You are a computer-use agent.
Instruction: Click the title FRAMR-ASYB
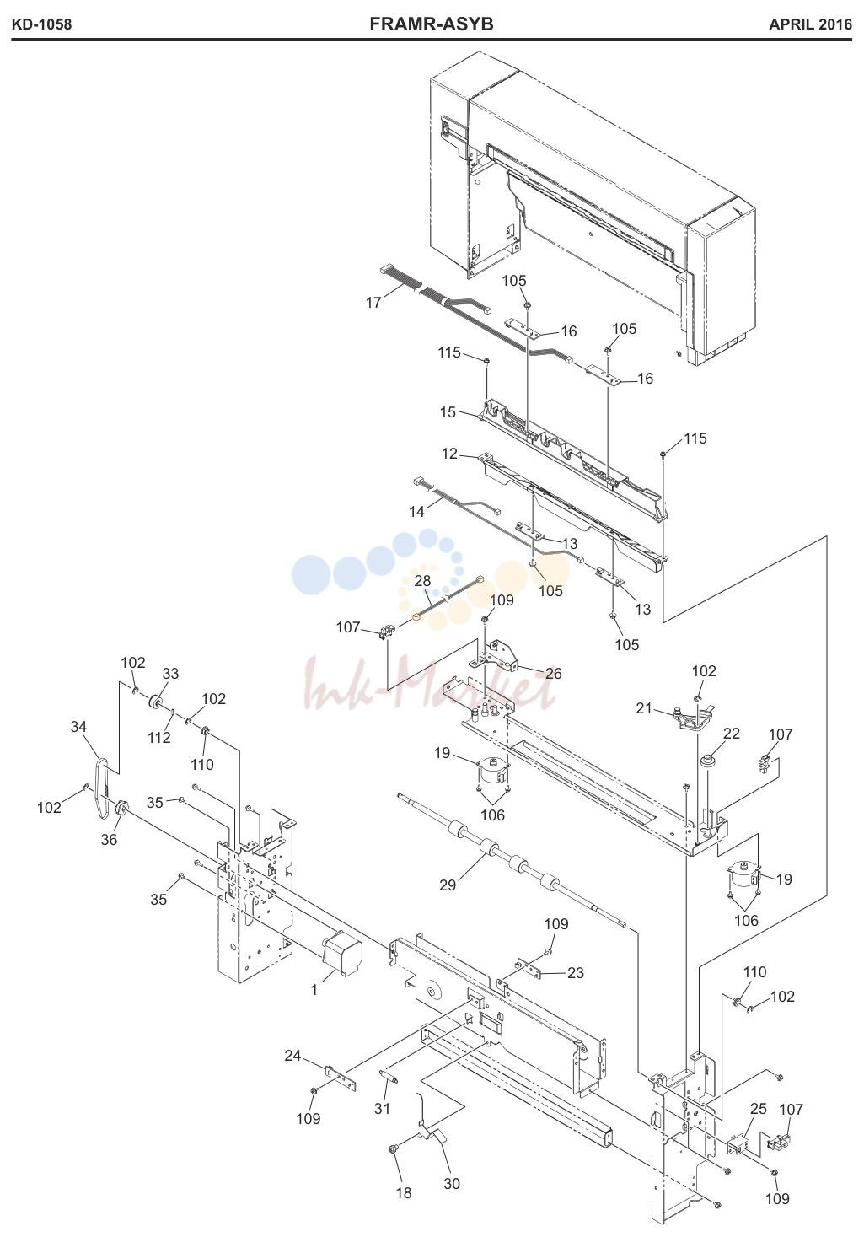click(432, 24)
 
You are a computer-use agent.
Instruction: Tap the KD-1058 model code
click(42, 24)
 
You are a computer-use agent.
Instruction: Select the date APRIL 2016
click(810, 24)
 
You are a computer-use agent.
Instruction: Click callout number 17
click(373, 303)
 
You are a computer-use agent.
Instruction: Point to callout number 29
click(448, 885)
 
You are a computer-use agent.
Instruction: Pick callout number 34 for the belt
click(79, 727)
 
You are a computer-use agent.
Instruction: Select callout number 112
click(159, 738)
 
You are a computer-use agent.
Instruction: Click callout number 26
click(553, 673)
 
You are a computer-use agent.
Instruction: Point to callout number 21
click(644, 708)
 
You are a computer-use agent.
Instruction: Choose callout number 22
click(732, 734)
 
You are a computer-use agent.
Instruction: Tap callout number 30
click(452, 1183)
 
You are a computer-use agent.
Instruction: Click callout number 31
click(382, 1108)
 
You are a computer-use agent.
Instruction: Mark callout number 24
click(292, 1056)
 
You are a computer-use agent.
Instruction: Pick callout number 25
click(759, 1108)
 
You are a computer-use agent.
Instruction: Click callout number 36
click(109, 839)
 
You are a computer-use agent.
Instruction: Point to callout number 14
click(416, 512)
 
